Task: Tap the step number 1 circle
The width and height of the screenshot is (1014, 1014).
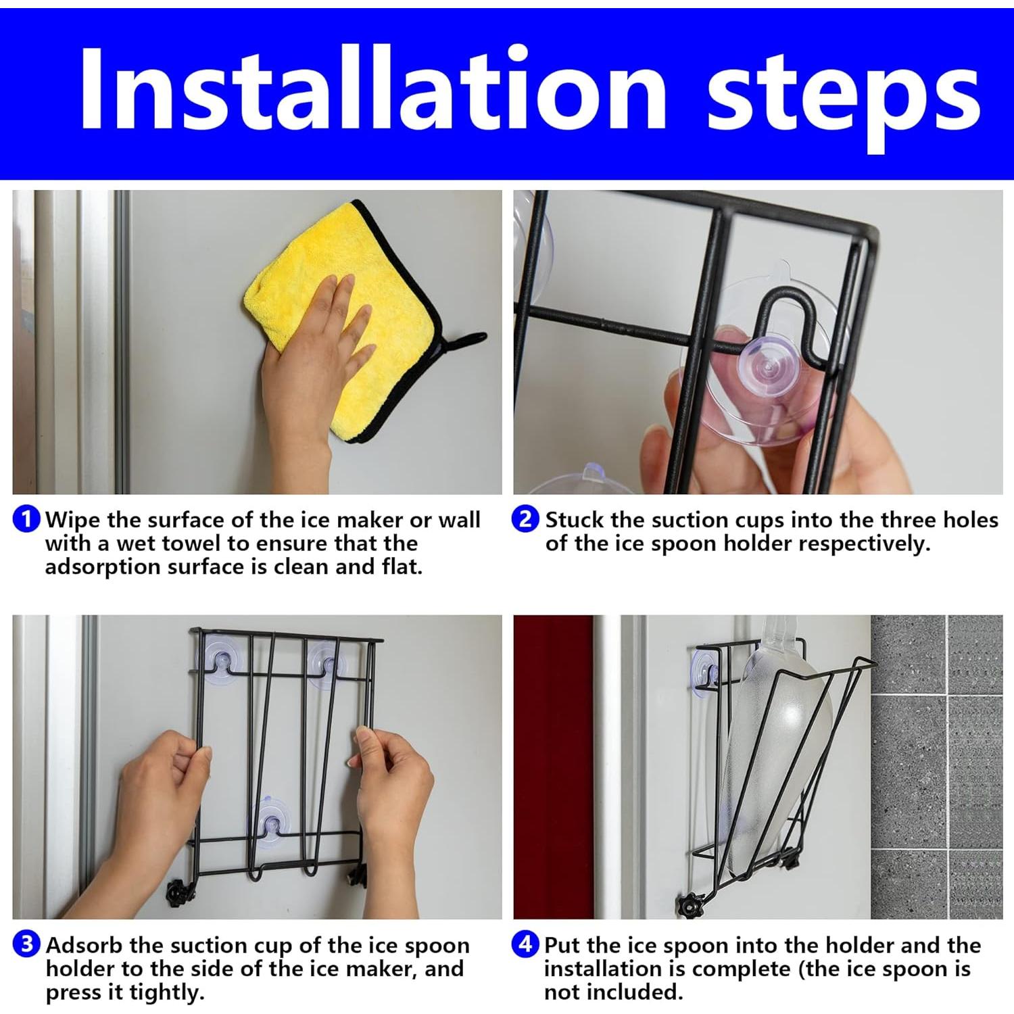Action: [x=27, y=519]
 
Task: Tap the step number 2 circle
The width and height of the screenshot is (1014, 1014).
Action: [x=526, y=519]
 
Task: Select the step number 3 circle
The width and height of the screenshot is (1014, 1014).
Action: [x=27, y=944]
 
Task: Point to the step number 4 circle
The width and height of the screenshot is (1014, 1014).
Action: [x=526, y=944]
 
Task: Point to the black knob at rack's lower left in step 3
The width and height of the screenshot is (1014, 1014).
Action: [x=177, y=893]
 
